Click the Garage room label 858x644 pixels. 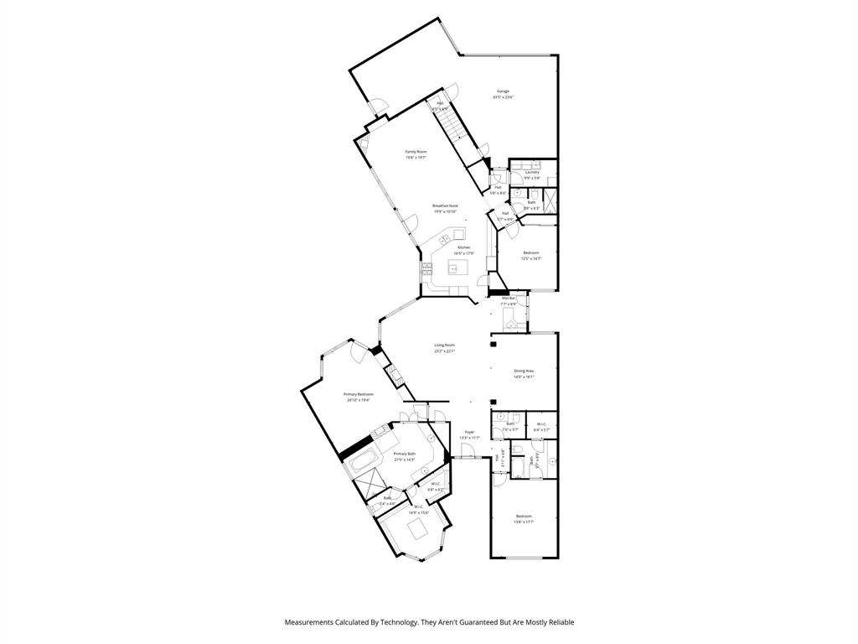coord(503,91)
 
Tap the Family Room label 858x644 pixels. coord(416,152)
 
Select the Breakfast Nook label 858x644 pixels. coord(445,205)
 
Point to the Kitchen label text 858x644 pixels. coord(463,247)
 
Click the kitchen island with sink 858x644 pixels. coord(457,268)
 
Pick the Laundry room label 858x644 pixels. coord(532,173)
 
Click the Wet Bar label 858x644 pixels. coord(509,298)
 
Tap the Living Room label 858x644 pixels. coord(444,345)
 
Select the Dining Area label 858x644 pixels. coord(524,370)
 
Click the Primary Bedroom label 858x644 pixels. coord(359,394)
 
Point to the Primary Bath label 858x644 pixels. coord(405,454)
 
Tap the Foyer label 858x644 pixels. coord(469,432)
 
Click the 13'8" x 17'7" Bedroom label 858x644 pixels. coord(524,516)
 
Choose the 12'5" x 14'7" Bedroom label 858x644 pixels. coord(531,252)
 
